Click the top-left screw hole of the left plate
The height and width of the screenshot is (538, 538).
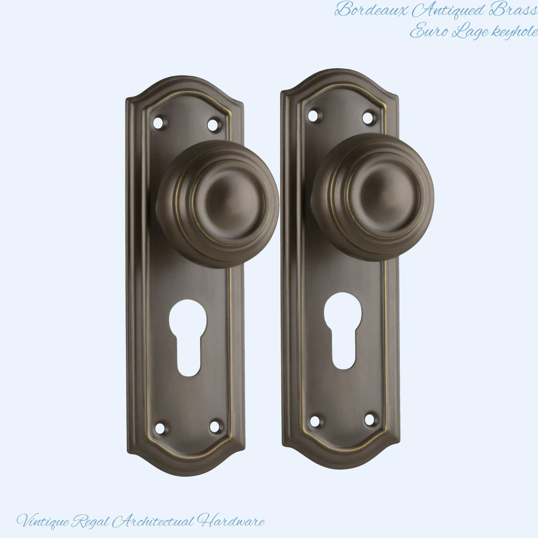coord(159,123)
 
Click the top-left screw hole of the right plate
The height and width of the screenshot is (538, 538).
coord(314,115)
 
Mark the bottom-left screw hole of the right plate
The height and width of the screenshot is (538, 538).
coord(315,420)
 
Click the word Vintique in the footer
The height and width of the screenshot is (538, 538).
coord(43,521)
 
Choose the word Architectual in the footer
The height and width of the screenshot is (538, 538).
coord(153,521)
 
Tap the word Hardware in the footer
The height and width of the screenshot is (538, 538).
coord(231,521)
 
